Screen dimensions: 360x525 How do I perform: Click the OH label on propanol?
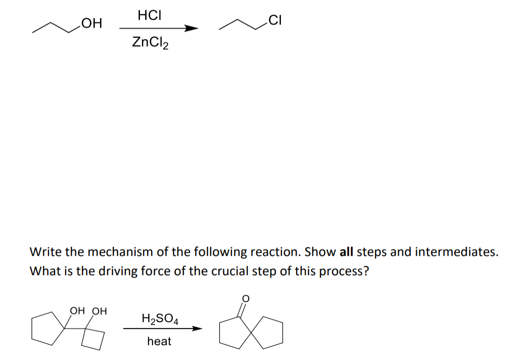point(91,23)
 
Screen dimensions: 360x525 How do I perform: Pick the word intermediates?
point(455,252)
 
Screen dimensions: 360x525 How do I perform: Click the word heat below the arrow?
point(159,341)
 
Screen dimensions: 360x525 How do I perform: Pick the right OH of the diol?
point(100,311)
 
